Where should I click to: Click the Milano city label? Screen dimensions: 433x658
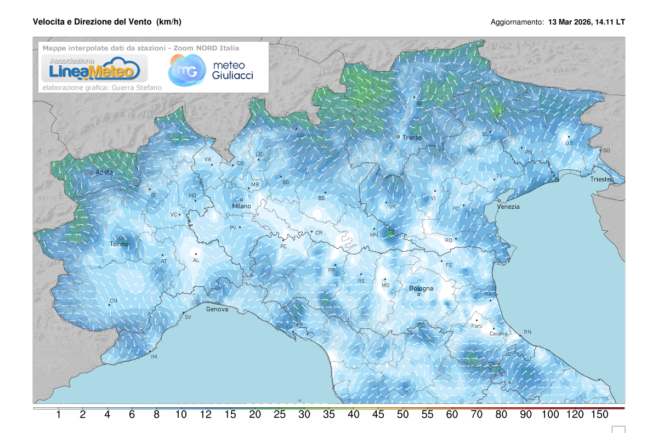pos(241,206)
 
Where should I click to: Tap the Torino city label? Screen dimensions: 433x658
pos(119,244)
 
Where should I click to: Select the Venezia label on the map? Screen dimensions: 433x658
pos(508,207)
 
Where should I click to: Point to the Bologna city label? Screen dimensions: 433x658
pos(421,288)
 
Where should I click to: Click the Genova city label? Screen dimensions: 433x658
pos(217,310)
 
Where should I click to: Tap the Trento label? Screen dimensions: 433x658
pos(412,138)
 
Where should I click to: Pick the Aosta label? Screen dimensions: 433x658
pos(104,173)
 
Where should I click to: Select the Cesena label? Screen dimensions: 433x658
pos(498,334)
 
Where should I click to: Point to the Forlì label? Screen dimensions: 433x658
pos(477,327)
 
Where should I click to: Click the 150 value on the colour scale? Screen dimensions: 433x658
pos(600,415)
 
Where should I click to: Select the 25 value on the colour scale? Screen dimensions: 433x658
pos(279,415)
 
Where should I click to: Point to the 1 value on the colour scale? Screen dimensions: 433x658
pos(58,415)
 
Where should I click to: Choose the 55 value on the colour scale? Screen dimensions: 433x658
pos(427,415)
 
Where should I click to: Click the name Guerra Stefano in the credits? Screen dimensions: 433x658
pos(140,87)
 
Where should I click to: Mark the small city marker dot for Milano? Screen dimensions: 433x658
pos(241,200)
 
